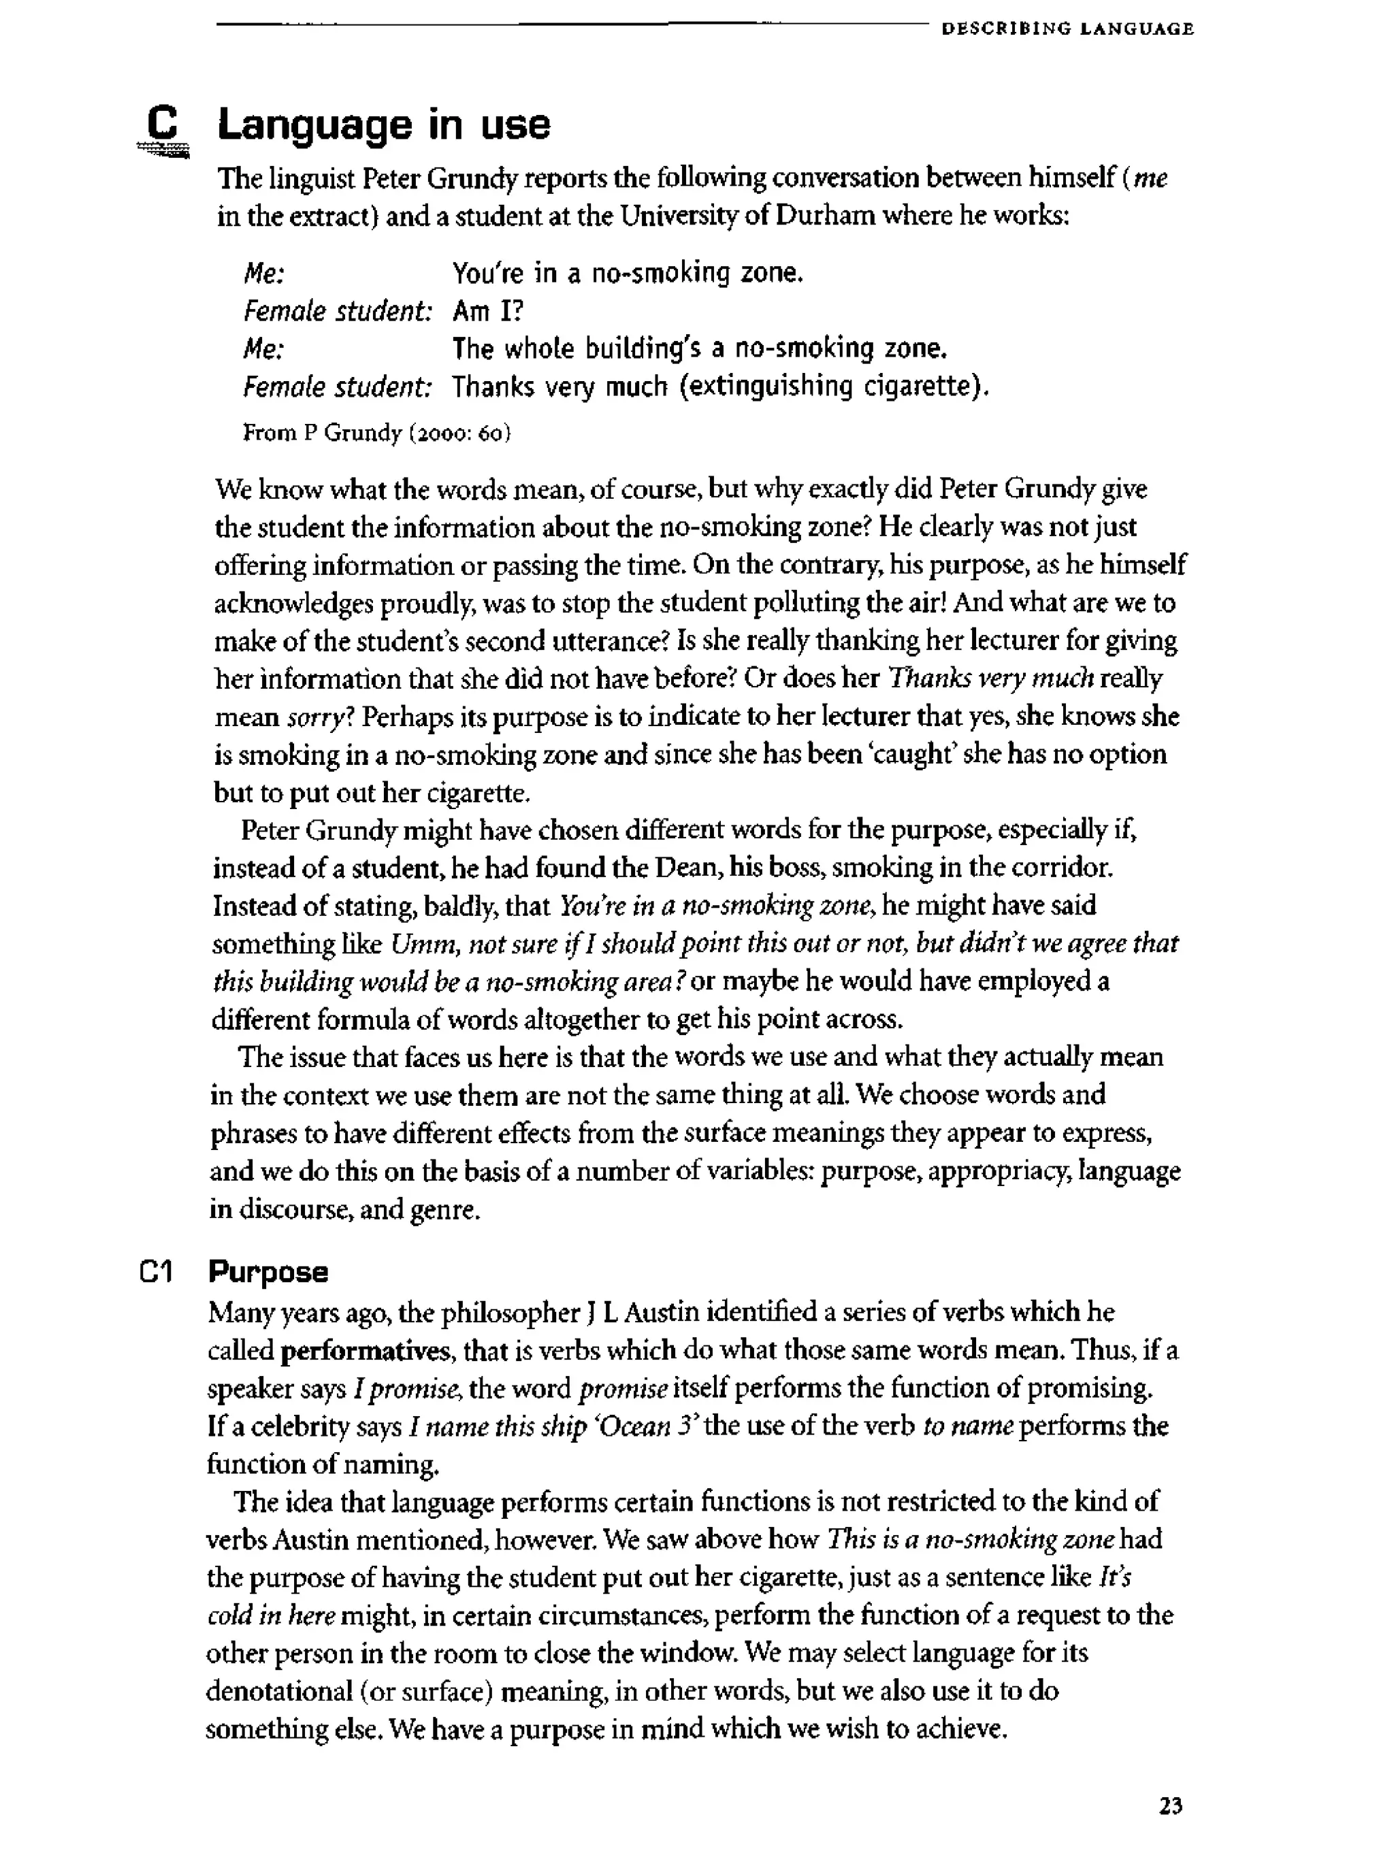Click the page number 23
point(1170,1805)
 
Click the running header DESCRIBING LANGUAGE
point(1067,29)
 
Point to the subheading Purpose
point(268,1271)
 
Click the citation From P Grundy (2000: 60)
point(376,433)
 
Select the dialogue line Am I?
point(488,311)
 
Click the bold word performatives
point(365,1350)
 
